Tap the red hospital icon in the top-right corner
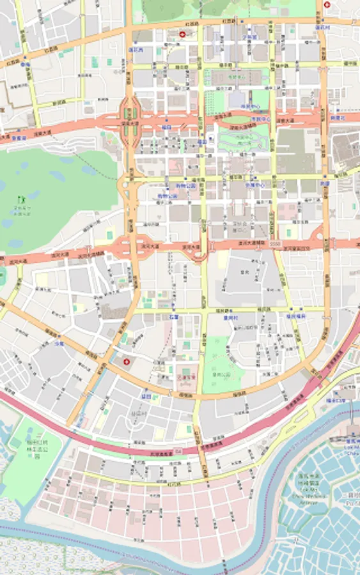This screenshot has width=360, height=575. tap(327, 4)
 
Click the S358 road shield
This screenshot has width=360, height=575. tap(274, 244)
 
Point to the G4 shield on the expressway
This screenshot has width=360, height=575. tap(179, 451)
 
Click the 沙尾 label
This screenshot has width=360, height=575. tap(59, 343)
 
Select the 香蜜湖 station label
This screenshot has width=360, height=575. tap(18, 137)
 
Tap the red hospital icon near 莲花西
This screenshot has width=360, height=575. tap(183, 36)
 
